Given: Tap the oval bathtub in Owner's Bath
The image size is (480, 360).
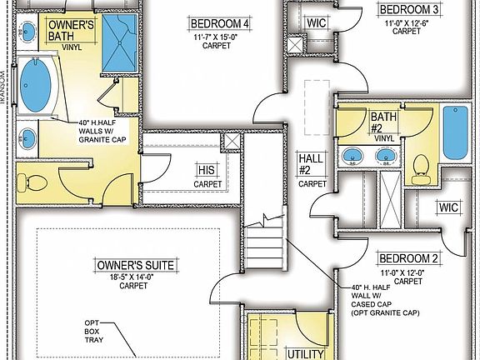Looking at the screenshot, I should (36, 86).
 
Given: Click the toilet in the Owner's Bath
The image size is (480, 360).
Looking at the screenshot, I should (34, 180).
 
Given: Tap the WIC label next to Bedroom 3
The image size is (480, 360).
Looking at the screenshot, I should (316, 22).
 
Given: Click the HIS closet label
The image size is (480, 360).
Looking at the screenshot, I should (207, 169).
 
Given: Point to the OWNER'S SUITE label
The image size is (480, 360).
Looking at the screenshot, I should (135, 265).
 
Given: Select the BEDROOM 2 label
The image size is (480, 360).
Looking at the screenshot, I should (407, 258).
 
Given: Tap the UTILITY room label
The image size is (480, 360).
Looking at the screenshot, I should (304, 354).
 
